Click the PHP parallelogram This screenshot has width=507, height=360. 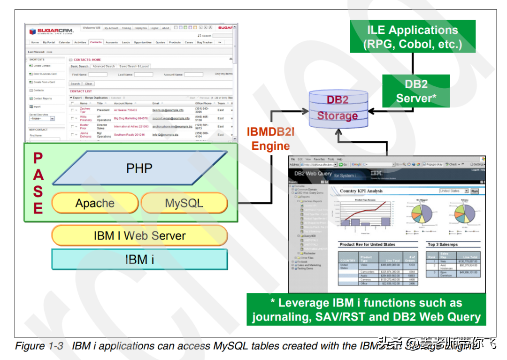point(139,168)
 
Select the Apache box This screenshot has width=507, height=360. point(95,203)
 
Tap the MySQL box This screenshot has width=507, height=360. point(184,203)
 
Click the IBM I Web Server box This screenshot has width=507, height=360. point(139,236)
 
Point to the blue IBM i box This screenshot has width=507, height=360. point(139,259)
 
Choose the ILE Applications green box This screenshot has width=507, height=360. point(413,37)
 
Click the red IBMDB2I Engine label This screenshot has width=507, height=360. point(271,139)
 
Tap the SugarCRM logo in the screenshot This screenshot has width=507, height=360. point(52,31)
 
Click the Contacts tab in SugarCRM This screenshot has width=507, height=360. point(96,42)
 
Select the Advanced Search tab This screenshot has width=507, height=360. point(104,66)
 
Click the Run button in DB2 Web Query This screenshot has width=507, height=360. point(474,191)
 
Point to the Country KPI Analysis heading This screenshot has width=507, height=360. point(361,191)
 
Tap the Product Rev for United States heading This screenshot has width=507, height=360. point(367,245)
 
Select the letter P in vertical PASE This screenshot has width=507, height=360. point(38,159)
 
